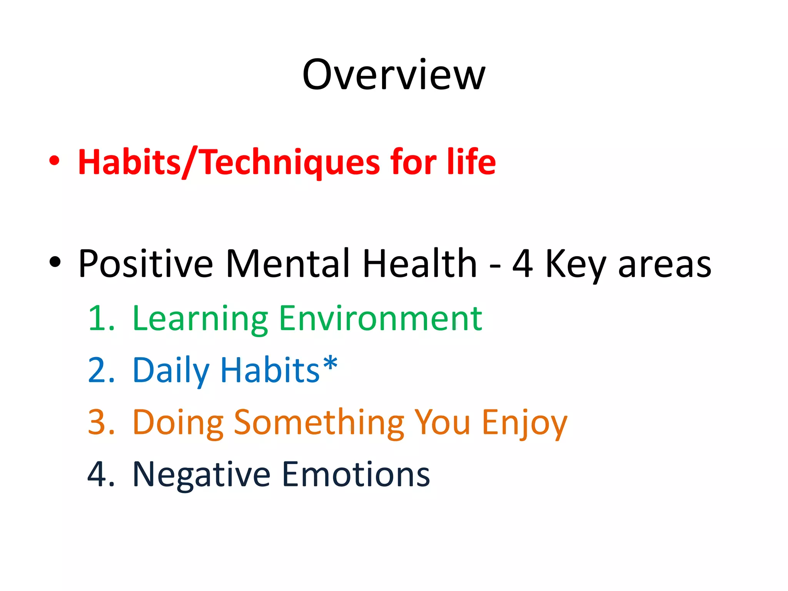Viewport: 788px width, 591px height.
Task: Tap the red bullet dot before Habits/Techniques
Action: [x=55, y=160]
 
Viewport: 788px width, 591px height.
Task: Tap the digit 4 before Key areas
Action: [x=523, y=264]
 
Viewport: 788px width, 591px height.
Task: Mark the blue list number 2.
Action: [x=101, y=370]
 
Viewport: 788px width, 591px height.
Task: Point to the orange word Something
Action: [x=319, y=423]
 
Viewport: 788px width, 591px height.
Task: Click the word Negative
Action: [x=202, y=475]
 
